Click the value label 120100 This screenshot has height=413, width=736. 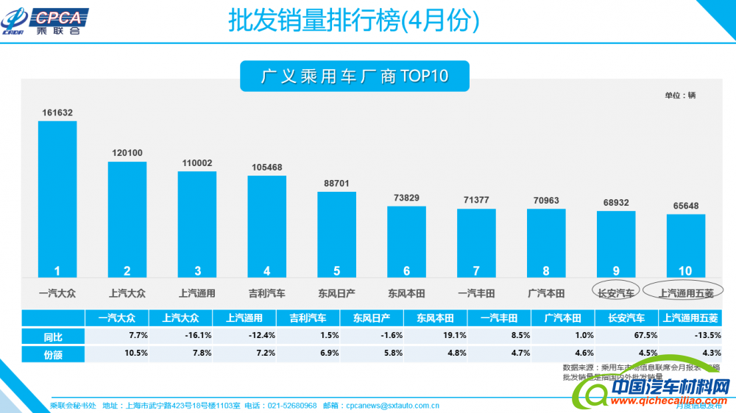coord(127,154)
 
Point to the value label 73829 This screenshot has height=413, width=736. coord(406,198)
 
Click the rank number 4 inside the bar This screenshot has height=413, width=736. coord(266,270)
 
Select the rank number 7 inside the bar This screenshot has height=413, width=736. coord(476,270)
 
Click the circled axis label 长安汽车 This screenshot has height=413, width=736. coord(616,293)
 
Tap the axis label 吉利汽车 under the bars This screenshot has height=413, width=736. coord(266,293)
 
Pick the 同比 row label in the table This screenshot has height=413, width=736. coord(53,336)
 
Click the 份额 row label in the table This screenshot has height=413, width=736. coord(53,353)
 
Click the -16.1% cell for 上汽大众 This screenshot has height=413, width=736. coord(180,336)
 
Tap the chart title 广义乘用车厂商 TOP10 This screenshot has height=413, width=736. coord(354,76)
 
